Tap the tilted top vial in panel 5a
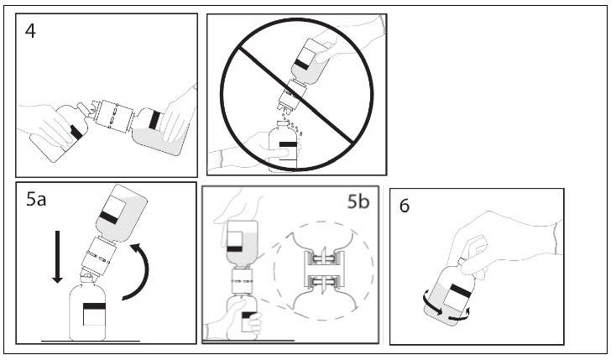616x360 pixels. coord(119,210)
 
